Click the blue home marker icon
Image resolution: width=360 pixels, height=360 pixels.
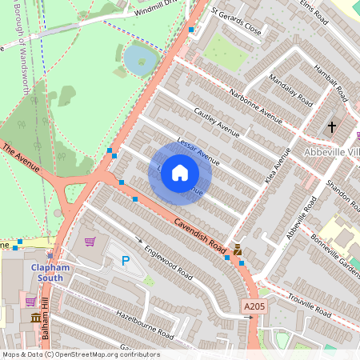[180, 173]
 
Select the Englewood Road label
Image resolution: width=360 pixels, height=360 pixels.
[169, 262]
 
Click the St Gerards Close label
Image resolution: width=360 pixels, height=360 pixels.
[236, 23]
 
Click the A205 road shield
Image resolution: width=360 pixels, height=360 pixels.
[252, 306]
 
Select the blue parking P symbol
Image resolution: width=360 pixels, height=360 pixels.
[125, 260]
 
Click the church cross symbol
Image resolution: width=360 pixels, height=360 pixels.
[333, 126]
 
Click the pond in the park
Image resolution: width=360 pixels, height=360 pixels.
[141, 58]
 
